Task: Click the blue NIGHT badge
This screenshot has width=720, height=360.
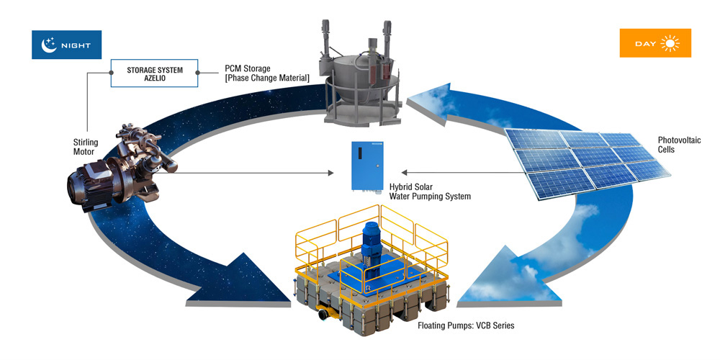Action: coord(66,44)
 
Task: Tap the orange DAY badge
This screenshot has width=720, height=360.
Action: coord(655,43)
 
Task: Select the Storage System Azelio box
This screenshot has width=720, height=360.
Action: coord(155,73)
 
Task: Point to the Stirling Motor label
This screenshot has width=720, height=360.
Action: coord(84,147)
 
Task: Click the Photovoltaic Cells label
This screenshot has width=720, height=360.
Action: coord(679,145)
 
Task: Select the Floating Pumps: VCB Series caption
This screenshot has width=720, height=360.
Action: coord(466,325)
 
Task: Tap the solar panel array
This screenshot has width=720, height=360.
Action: coord(587,163)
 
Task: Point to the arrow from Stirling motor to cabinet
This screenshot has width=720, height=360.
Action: coord(252,173)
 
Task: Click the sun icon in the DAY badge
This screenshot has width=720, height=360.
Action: coord(671,44)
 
